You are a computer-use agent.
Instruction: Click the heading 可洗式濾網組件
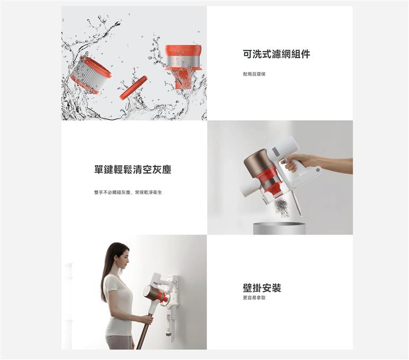[277, 54]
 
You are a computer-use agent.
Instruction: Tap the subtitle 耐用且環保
[254, 74]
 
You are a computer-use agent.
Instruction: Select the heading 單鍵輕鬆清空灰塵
[133, 169]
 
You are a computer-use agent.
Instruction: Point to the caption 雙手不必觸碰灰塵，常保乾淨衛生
[128, 192]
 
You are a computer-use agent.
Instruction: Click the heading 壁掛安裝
[262, 288]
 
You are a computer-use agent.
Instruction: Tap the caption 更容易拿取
[254, 298]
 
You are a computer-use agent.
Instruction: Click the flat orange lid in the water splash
[134, 88]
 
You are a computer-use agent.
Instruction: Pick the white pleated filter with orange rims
[91, 75]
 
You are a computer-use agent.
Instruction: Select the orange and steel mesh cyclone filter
[183, 67]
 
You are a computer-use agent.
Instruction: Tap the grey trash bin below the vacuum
[279, 228]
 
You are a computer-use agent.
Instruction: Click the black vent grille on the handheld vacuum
[275, 152]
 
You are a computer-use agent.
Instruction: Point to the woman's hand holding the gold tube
[147, 320]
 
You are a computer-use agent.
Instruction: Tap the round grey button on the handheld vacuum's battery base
[317, 170]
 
